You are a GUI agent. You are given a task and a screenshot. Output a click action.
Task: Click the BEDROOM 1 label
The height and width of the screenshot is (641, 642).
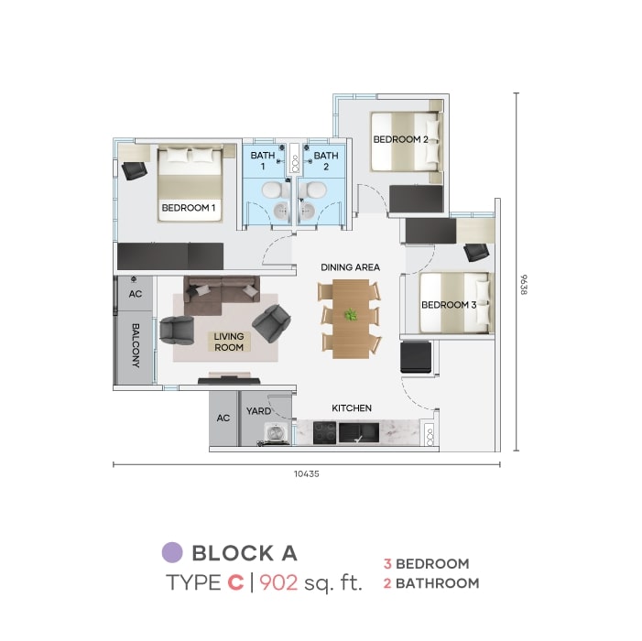pos(189,208)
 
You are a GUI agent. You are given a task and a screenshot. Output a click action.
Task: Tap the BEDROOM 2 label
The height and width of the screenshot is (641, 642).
pos(400,139)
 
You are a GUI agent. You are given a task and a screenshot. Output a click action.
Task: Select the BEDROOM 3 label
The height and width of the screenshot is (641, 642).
pos(449,305)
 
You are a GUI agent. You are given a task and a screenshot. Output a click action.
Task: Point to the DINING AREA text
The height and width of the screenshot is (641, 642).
pos(350,267)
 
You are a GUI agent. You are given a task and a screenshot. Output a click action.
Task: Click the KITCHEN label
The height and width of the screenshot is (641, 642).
pos(352,408)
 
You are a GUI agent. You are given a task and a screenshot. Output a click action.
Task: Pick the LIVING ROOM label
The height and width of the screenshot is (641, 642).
pos(229,342)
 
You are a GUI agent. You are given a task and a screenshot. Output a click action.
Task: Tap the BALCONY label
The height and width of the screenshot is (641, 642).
pos(136,345)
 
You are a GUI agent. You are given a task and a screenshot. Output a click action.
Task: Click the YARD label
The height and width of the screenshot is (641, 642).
pos(258,411)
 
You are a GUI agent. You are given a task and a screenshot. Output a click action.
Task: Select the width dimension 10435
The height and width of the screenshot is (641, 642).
pos(306,473)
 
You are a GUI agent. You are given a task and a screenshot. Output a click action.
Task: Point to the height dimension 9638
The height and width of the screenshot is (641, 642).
pos(524,284)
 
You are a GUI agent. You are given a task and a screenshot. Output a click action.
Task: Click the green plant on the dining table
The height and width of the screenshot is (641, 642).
pos(351,314)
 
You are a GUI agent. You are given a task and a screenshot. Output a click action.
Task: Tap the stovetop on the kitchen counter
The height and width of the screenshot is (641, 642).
pos(325,433)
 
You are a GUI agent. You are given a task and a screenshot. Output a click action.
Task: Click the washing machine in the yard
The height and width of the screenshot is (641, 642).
pos(277,434)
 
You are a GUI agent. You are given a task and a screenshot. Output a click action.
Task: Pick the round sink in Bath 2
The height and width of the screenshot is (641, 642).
pos(307,211)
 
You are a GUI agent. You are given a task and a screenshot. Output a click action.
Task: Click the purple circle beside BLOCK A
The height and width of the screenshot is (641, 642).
pos(172,552)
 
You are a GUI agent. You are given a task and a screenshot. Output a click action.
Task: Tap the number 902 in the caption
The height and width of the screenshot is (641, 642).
pos(278,582)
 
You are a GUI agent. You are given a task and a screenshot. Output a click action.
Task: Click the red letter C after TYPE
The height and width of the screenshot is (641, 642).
pos(235,582)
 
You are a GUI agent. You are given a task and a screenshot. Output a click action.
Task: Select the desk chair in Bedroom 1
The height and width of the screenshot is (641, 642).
pos(135,170)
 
